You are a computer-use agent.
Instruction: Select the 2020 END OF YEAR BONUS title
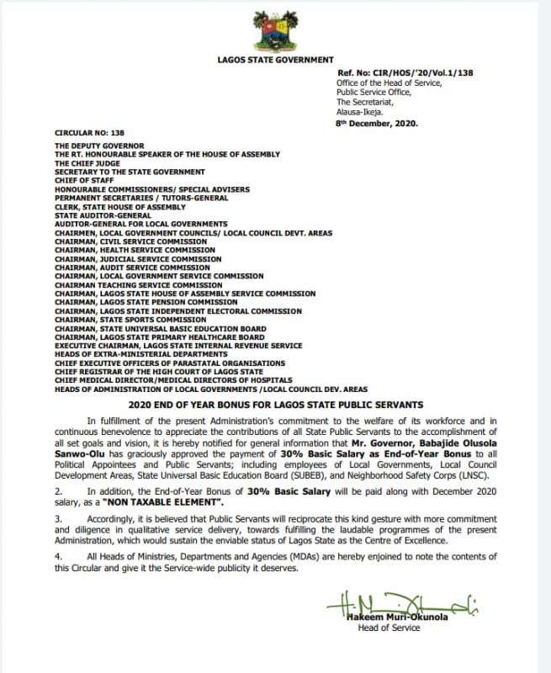(x=274, y=402)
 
